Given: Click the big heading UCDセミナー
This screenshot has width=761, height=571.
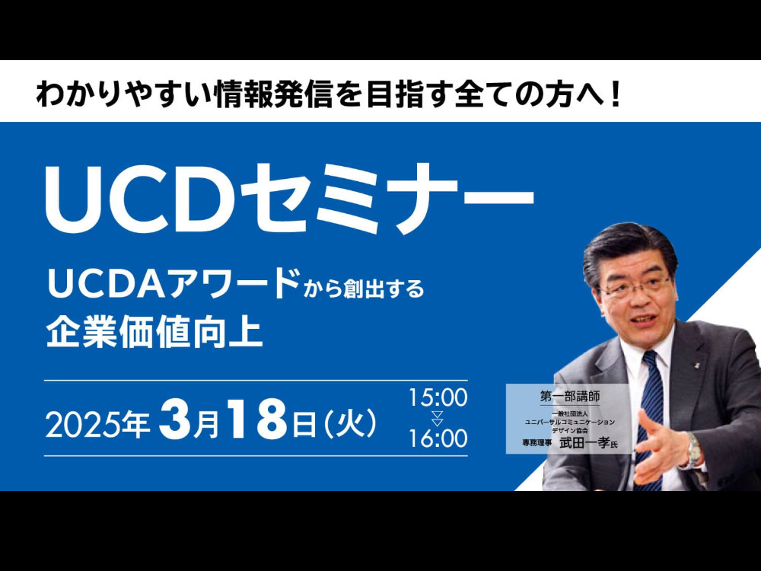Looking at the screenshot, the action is coord(290,198).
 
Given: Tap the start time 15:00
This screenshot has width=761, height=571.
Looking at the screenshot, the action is coord(438,397).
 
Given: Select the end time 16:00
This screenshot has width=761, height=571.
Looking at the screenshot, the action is coord(438,439).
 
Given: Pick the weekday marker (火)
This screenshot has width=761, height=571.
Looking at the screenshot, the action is coord(349,423).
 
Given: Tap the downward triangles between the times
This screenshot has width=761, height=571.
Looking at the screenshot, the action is coord(438,418).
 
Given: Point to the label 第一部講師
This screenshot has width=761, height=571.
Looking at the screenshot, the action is coord(570,396).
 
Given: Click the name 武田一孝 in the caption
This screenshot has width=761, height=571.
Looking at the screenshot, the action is coord(584,443).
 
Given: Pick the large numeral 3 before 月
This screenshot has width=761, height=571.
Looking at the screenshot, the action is coord(175,419).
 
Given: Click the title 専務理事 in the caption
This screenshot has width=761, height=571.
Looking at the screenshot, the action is coord(537,443).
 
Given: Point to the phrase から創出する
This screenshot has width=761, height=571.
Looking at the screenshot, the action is coord(364,289).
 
